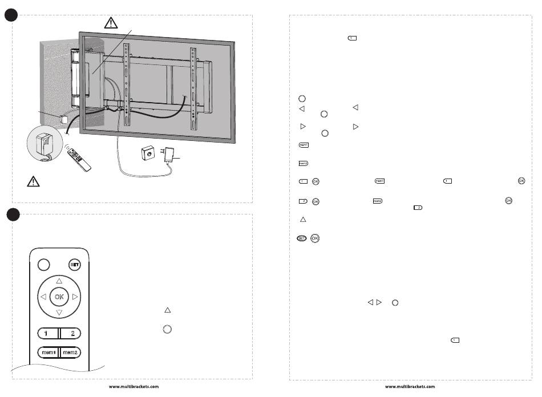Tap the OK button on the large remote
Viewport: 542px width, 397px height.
[x=59, y=297]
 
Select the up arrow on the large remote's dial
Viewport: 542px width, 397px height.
[x=59, y=281]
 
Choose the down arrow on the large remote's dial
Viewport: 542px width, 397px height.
[x=59, y=313]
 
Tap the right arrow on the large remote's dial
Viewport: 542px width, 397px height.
[x=75, y=297]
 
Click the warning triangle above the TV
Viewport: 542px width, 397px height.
[x=111, y=23]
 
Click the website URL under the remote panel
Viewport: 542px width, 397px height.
[x=134, y=386]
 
